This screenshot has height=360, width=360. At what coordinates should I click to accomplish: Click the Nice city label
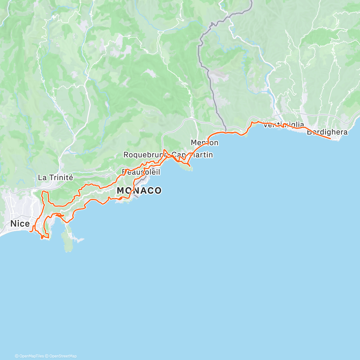click(20, 224)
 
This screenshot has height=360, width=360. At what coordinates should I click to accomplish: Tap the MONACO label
click(139, 190)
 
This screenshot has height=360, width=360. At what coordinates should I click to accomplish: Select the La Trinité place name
click(55, 178)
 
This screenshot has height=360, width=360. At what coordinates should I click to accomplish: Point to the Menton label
click(205, 142)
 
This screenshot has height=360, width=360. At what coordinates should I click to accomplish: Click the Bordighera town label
click(327, 132)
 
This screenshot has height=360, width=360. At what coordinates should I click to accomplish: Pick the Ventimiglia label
click(283, 124)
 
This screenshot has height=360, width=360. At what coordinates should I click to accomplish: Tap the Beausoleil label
click(141, 172)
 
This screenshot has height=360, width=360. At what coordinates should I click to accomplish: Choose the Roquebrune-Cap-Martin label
click(168, 155)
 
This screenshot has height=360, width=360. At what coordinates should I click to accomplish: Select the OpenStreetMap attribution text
click(63, 356)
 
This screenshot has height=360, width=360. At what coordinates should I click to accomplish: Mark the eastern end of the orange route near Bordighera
click(331, 139)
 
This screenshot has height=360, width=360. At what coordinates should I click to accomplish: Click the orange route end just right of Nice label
click(31, 231)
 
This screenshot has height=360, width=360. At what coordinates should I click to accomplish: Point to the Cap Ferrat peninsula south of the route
click(67, 240)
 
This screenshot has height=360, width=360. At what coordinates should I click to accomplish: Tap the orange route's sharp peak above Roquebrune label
click(164, 149)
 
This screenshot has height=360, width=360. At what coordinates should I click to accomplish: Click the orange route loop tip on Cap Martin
click(190, 166)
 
